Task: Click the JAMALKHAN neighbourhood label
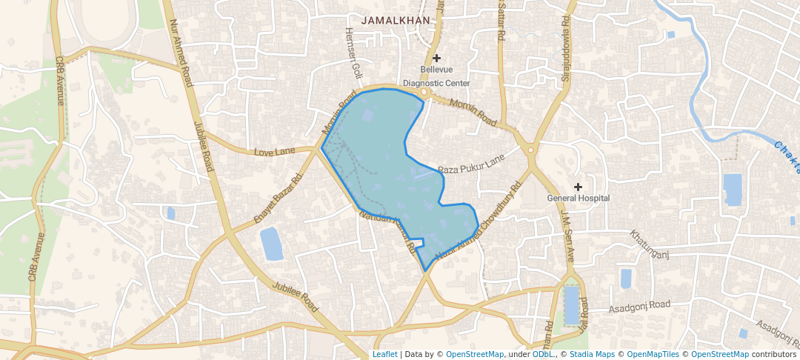tap(396, 21)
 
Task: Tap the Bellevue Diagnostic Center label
tap(436, 76)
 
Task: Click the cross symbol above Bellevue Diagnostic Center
tap(437, 58)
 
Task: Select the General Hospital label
tap(578, 198)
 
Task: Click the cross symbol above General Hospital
tap(579, 185)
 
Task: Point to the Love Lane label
tap(274, 152)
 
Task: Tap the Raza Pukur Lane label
tap(470, 164)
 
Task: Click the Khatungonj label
tap(650, 245)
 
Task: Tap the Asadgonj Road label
tap(639, 305)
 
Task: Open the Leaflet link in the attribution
tap(384, 354)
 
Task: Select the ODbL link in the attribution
tap(544, 354)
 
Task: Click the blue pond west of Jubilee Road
tap(271, 244)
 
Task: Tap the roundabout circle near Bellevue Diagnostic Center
tap(423, 93)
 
